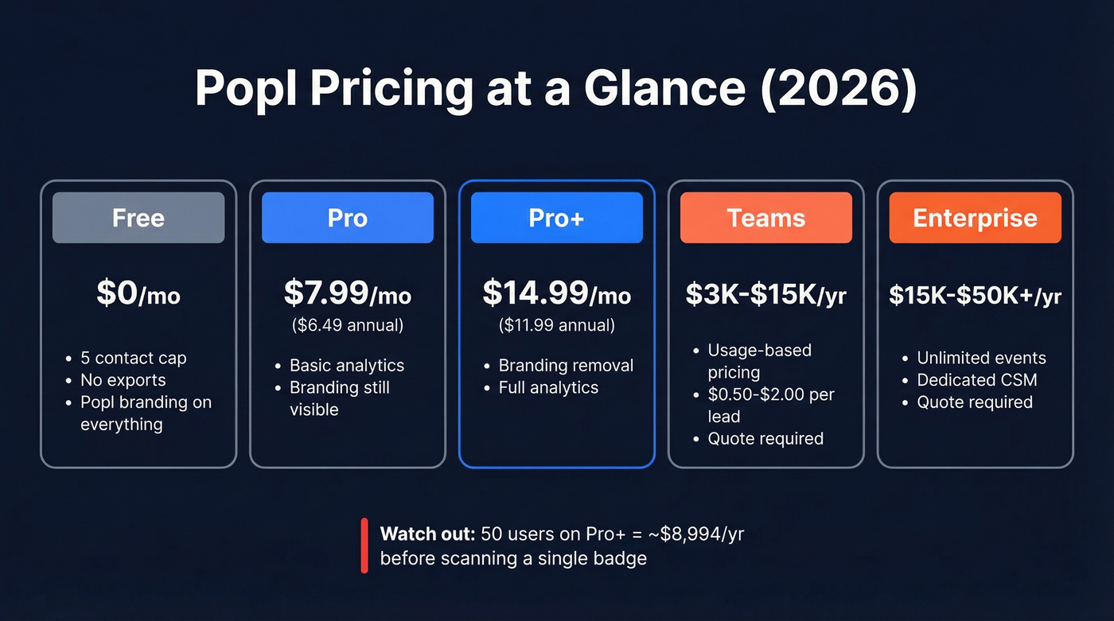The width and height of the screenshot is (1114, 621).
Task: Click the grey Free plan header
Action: tap(138, 218)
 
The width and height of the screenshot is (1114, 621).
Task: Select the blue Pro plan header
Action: tap(348, 218)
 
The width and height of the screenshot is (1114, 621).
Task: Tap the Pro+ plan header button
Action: tap(556, 218)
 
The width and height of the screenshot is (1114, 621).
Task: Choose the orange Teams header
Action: tap(765, 218)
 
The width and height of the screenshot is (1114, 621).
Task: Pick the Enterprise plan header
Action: tap(975, 218)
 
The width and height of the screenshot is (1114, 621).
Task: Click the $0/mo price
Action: tap(138, 294)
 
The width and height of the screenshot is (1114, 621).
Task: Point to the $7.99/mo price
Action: tap(348, 293)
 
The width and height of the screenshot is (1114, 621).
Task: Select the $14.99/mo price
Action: tap(556, 293)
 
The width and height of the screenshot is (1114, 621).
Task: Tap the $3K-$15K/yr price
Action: tap(765, 295)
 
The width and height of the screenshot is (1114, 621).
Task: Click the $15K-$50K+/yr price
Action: tap(975, 296)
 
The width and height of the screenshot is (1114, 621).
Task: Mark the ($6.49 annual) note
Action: tap(348, 325)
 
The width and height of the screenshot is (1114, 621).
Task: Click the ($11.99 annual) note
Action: tap(556, 325)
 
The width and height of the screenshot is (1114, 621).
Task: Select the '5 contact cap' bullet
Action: tap(133, 358)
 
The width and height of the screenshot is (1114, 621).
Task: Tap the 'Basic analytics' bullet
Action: tap(346, 366)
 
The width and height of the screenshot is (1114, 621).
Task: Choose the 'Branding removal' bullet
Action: tap(566, 366)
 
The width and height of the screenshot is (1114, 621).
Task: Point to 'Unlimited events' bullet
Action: tap(981, 358)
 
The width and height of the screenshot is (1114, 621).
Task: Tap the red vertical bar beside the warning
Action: tap(364, 545)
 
